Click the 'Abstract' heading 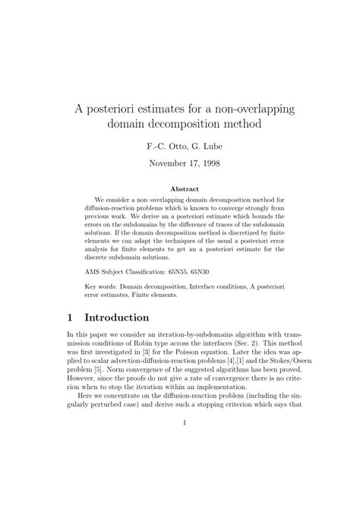pyautogui.click(x=185, y=188)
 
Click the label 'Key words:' pyautogui.click(x=103, y=287)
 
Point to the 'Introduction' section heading pyautogui.click(x=127, y=317)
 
